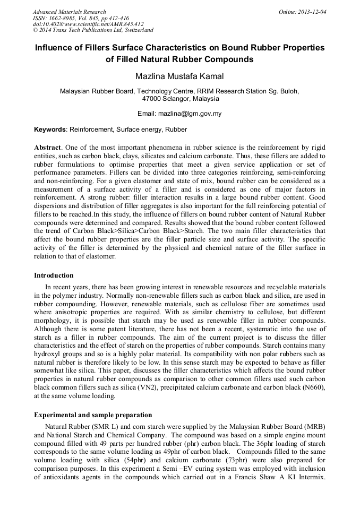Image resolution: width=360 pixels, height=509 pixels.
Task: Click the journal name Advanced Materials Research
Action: click(x=70, y=12)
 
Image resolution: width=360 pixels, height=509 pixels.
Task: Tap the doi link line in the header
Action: click(x=88, y=24)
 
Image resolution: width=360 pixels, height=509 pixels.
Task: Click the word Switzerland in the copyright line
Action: click(x=135, y=30)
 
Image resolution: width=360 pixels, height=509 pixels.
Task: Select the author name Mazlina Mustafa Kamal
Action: click(x=179, y=76)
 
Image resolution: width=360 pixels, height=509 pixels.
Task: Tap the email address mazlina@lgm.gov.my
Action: click(x=193, y=114)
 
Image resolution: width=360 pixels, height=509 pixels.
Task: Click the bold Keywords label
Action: click(x=50, y=130)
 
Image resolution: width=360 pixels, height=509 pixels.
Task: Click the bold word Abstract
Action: click(x=47, y=146)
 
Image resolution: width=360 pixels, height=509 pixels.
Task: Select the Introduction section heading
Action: click(x=54, y=275)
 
